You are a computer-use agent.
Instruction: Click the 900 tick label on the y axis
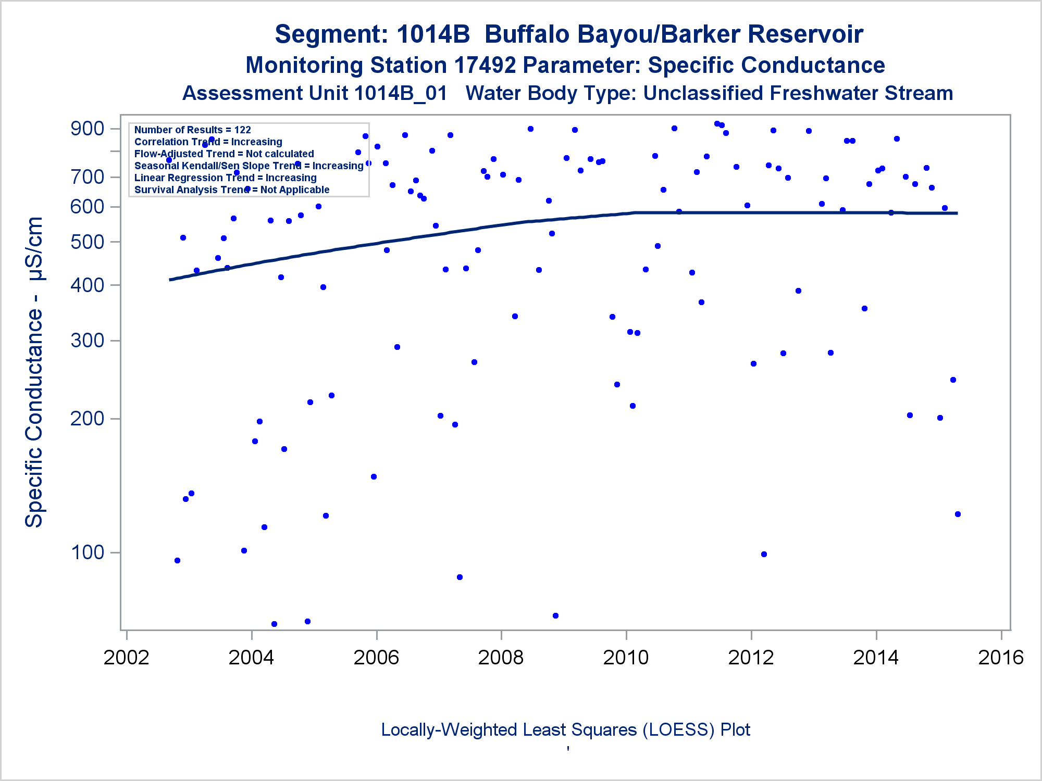tap(88, 129)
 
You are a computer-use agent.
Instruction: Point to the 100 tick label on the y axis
tap(88, 552)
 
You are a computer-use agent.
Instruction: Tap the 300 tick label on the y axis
tap(88, 341)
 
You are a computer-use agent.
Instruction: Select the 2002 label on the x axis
tap(127, 658)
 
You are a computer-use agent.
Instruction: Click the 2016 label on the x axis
tap(1001, 658)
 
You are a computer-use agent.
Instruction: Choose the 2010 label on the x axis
tap(626, 658)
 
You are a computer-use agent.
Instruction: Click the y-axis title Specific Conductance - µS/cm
tap(34, 372)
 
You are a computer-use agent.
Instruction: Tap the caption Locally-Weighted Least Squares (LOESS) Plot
tap(565, 729)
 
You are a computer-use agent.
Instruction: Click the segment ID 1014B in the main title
tap(433, 34)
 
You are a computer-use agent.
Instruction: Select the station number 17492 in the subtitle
tap(485, 66)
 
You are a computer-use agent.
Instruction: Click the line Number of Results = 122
tap(192, 130)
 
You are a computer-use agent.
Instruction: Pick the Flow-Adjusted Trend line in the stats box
tap(224, 154)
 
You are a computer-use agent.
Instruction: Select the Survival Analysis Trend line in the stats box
tap(231, 190)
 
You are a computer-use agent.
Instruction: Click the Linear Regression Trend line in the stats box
tap(225, 178)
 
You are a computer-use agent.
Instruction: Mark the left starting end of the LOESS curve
tap(170, 280)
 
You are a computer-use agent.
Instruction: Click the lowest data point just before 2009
tap(555, 615)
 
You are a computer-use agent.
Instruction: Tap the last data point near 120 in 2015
tap(958, 514)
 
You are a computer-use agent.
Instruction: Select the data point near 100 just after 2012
tap(764, 554)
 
